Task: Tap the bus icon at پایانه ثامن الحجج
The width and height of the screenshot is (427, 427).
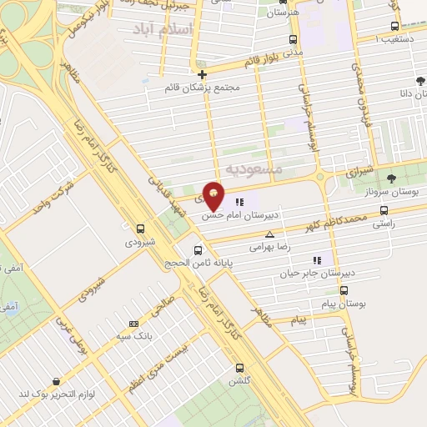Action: (x=198, y=250)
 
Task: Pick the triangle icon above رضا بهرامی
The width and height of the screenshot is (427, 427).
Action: (x=269, y=234)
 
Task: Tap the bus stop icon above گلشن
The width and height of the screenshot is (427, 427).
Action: (x=240, y=367)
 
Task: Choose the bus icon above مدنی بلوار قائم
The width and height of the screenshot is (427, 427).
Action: (x=292, y=38)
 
